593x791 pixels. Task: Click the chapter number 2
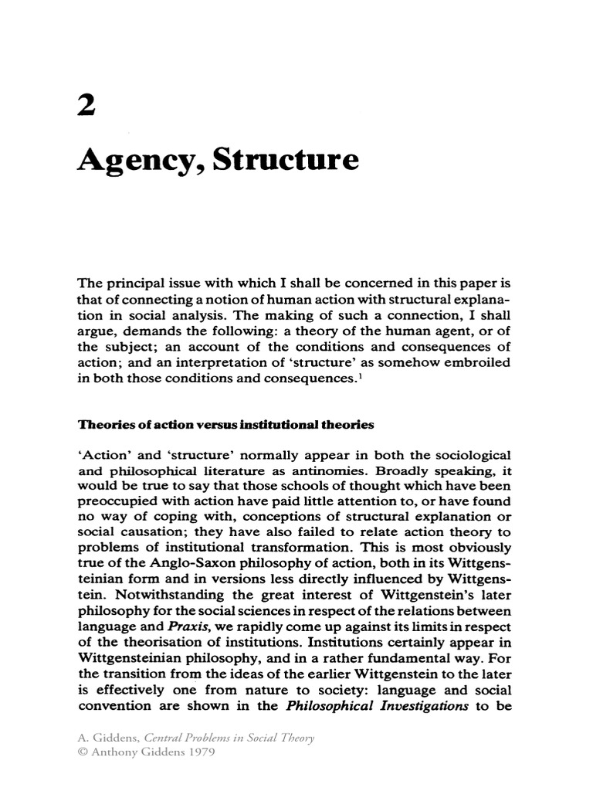point(87,108)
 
